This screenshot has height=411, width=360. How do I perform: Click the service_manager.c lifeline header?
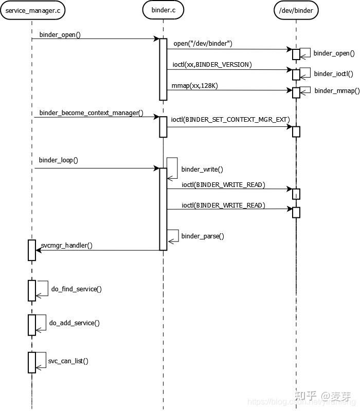click(32, 10)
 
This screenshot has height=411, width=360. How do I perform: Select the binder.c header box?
click(163, 10)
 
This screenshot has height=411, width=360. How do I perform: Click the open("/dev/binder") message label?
click(203, 44)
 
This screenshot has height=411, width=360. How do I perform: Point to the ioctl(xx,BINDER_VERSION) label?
click(211, 64)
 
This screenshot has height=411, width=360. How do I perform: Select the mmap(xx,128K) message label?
click(195, 85)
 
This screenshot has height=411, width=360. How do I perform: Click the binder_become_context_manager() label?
click(91, 113)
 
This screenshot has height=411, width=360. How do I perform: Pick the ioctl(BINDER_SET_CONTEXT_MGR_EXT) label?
click(230, 119)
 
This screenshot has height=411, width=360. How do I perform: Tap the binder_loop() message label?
click(58, 160)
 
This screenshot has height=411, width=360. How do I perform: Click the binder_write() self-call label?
click(202, 169)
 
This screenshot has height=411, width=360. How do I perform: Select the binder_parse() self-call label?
click(202, 236)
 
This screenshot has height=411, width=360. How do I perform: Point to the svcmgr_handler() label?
click(66, 245)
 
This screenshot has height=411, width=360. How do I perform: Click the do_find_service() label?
click(76, 289)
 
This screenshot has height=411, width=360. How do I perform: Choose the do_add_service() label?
click(74, 323)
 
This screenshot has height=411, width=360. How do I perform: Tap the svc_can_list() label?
click(68, 361)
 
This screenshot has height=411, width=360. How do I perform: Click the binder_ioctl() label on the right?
click(333, 73)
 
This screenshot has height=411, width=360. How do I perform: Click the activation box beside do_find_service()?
click(32, 290)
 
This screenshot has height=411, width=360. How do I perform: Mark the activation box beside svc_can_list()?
click(32, 362)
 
